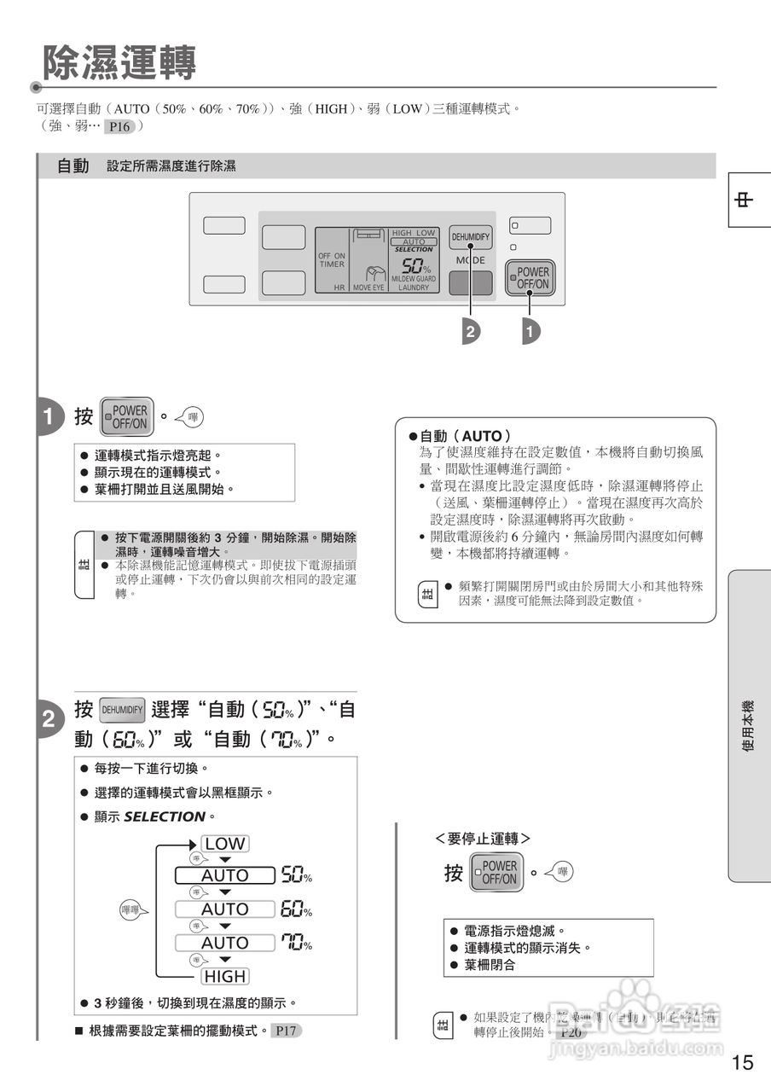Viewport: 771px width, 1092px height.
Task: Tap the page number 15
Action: point(742,1062)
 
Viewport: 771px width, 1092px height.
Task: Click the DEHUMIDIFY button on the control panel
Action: point(471,236)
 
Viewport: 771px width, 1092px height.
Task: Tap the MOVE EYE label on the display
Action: point(368,288)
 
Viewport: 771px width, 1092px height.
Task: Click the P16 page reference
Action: point(119,127)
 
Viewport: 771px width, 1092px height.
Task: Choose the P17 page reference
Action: point(286,1031)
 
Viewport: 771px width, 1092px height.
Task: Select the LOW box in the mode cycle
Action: point(225,844)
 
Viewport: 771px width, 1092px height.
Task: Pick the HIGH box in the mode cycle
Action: point(225,976)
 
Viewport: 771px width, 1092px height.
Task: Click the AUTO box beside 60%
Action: point(225,909)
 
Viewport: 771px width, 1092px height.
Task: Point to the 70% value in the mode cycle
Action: point(296,943)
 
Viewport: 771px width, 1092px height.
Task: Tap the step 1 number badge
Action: point(49,416)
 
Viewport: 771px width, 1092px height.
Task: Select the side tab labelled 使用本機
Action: point(748,725)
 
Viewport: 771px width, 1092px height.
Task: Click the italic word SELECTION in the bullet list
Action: point(165,816)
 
